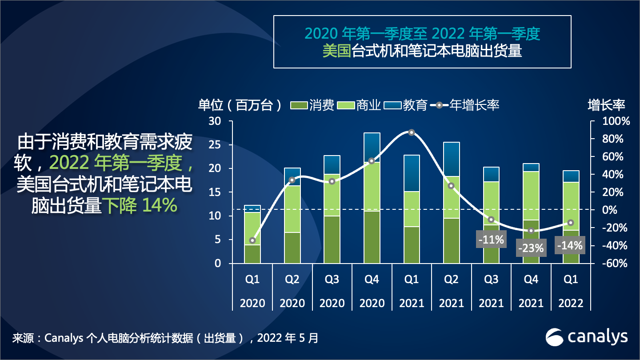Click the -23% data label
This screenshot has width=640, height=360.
coord(531,248)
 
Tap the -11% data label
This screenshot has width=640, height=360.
coord(491,240)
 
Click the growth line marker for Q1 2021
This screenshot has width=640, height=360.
coord(412,132)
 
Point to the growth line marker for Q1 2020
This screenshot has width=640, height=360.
coord(252,240)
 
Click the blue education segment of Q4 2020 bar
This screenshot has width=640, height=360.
coord(372,147)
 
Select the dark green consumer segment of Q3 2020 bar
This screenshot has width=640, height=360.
coord(332,240)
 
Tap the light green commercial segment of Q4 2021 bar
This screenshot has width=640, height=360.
coord(531,196)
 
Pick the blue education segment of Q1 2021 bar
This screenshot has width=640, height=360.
coord(412,173)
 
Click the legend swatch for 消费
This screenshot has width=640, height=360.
coord(299,105)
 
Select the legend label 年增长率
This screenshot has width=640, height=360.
coord(474,105)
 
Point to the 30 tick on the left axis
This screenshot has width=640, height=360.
coord(215,121)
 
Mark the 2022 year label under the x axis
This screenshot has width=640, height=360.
coord(571,303)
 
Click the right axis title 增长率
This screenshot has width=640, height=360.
coord(606,105)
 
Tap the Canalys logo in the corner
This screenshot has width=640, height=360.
coord(587,337)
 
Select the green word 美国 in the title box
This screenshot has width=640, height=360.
coord(337,51)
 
